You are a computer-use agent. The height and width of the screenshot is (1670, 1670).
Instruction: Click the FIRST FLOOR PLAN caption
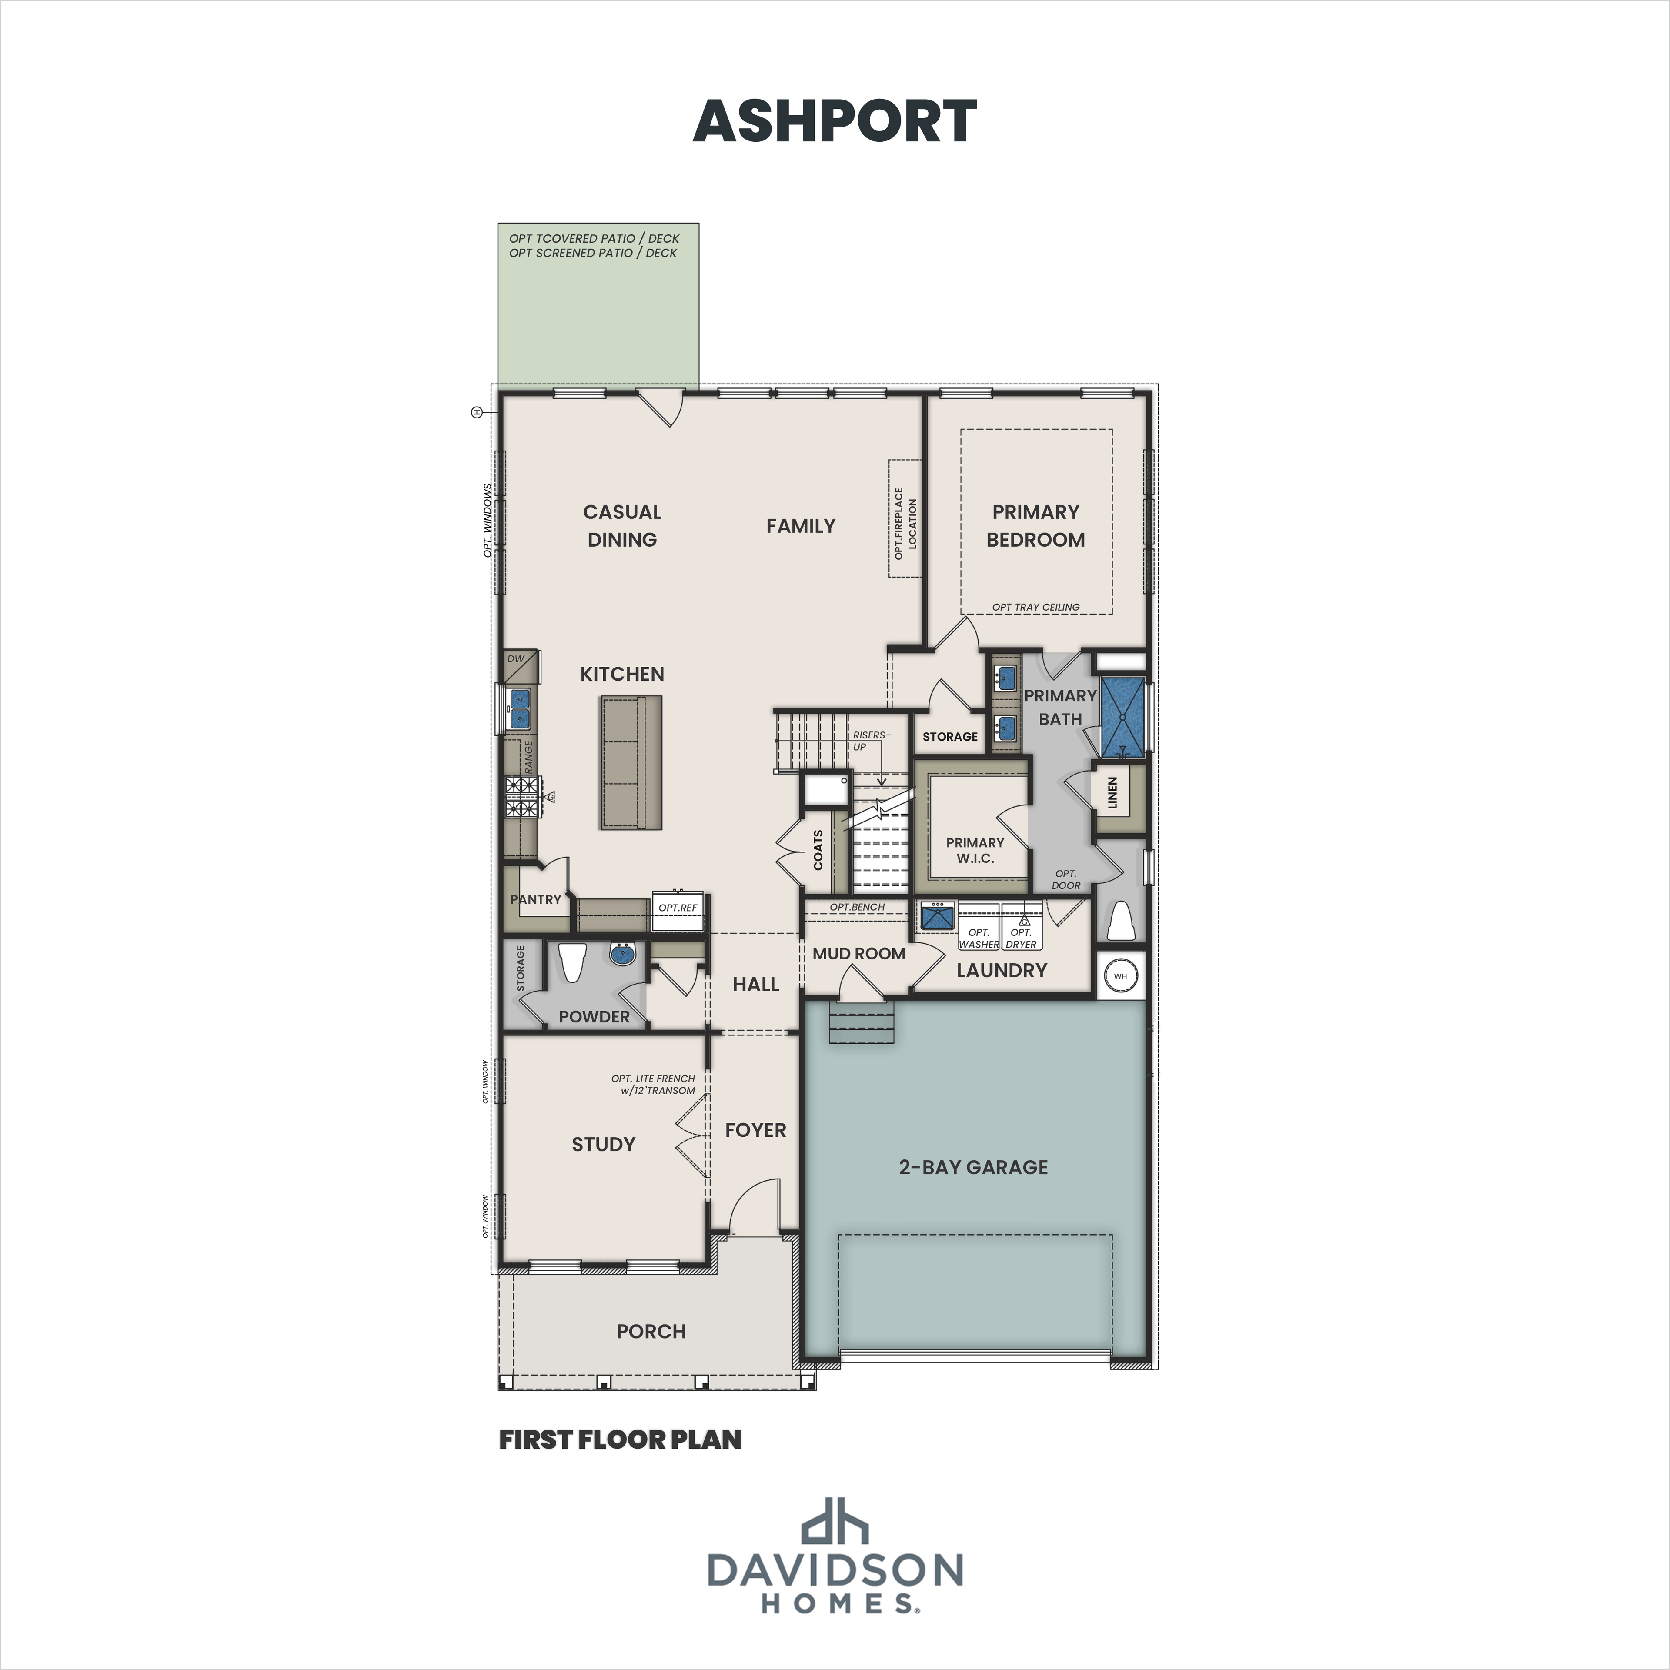coord(620,1439)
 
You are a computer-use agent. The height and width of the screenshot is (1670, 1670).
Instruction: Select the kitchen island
coord(631,762)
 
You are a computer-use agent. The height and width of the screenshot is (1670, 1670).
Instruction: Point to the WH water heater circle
coord(1120,976)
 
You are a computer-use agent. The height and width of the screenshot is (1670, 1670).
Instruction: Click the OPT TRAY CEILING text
coord(1035,607)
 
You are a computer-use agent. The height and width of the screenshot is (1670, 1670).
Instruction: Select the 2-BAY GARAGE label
coord(973,1167)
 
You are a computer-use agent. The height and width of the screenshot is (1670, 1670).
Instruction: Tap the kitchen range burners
coord(522,797)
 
